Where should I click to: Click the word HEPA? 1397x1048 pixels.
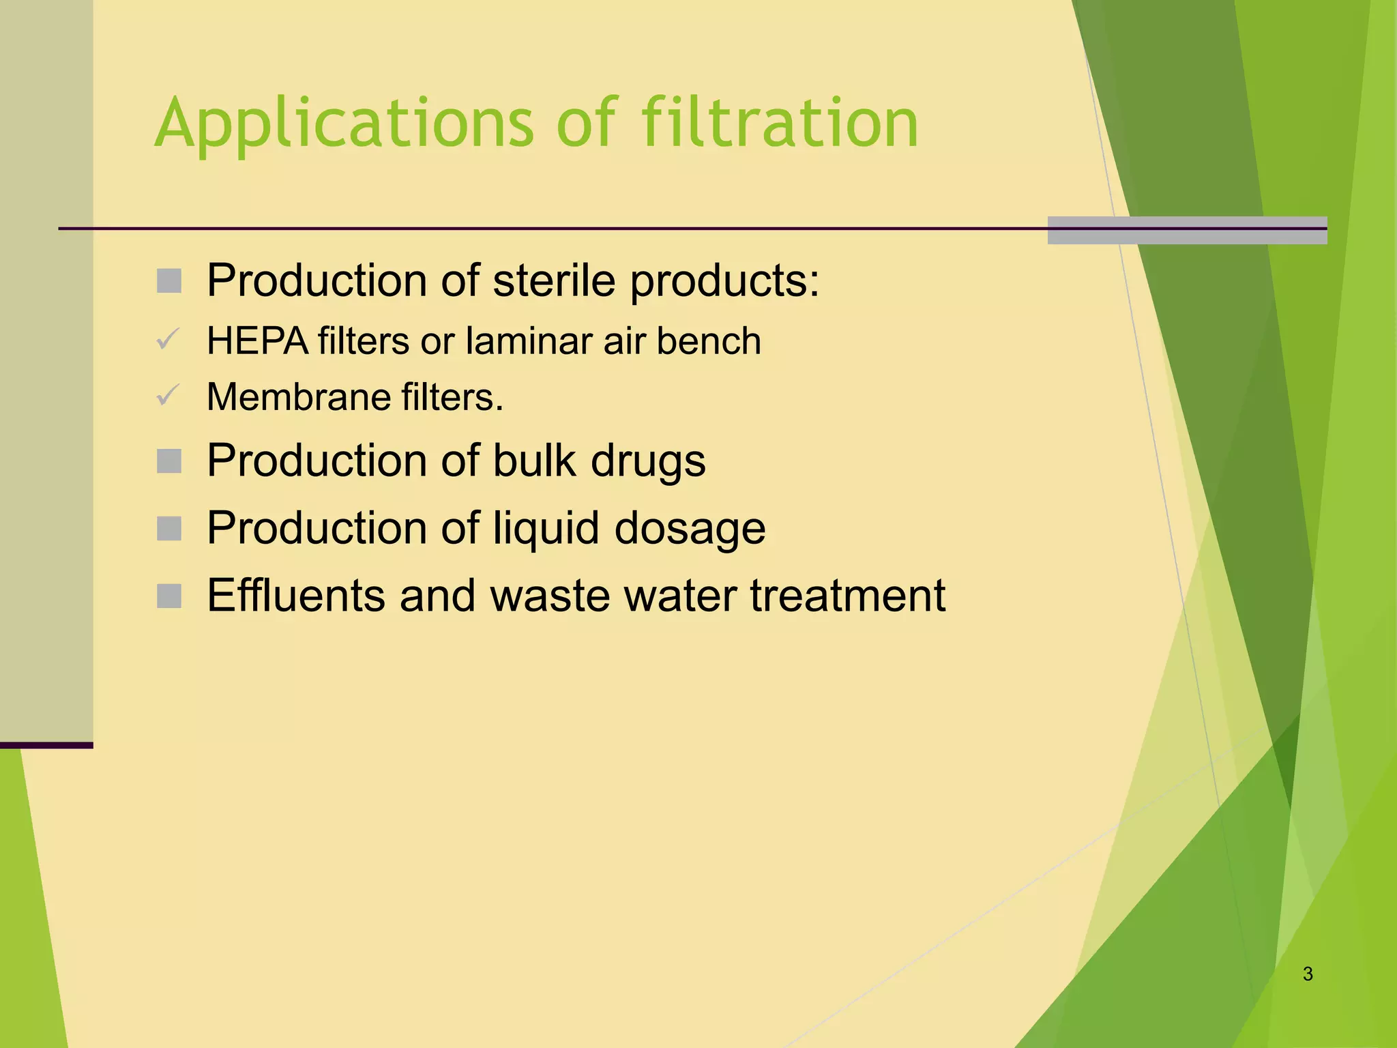click(258, 341)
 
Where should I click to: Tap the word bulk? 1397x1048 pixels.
click(534, 461)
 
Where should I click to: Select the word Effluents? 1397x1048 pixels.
click(295, 596)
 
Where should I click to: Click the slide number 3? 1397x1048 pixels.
click(1307, 974)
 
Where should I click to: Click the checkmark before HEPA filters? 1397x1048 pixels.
click(168, 339)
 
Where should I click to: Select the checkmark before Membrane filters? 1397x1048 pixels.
click(168, 395)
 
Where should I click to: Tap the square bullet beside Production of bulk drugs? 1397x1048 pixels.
click(169, 461)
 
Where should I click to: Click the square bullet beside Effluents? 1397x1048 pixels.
click(169, 596)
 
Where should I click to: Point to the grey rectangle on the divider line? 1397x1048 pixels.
click(1187, 230)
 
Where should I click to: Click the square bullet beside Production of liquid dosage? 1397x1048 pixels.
click(169, 529)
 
